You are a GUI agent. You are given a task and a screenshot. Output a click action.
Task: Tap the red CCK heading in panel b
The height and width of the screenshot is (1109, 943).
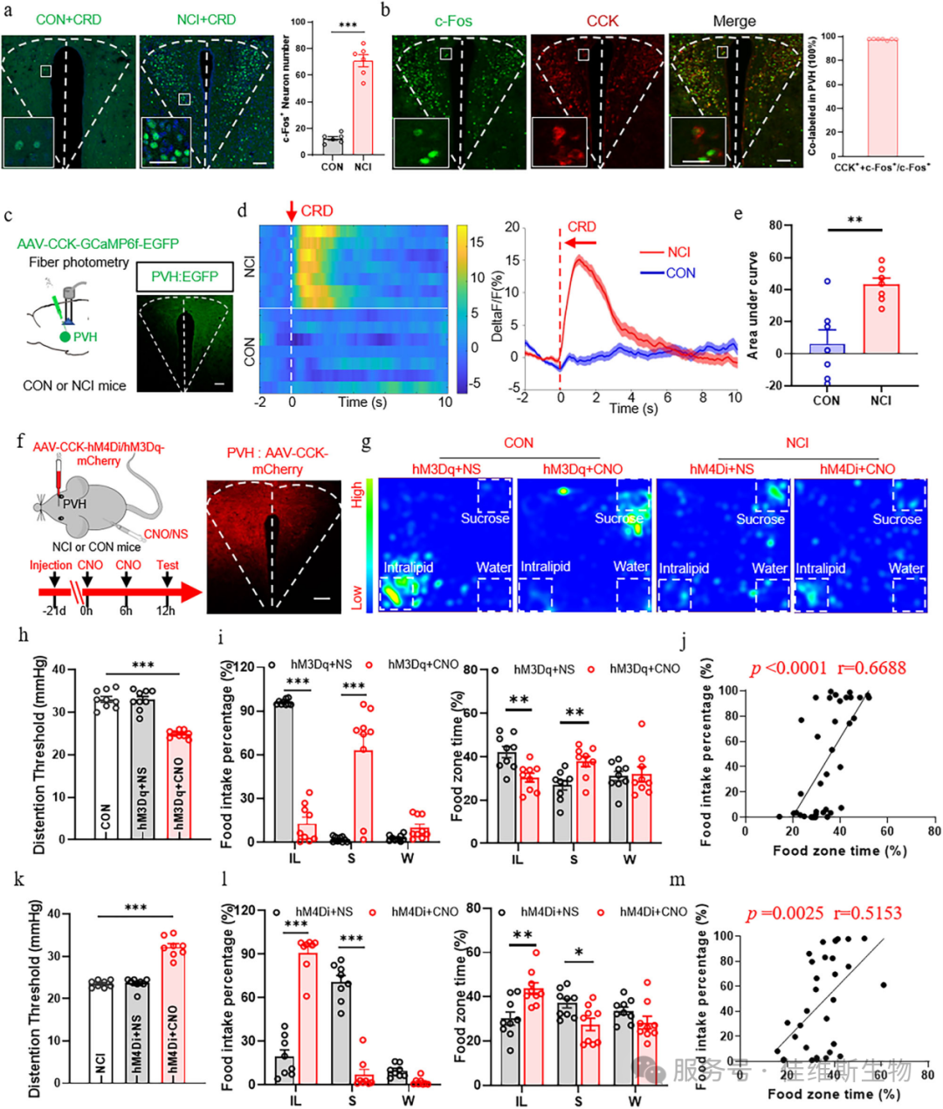[x=602, y=21]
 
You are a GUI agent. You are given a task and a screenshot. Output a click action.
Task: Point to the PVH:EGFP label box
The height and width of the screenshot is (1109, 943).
[x=184, y=277]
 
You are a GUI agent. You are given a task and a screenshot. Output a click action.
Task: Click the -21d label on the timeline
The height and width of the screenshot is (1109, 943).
[x=54, y=611]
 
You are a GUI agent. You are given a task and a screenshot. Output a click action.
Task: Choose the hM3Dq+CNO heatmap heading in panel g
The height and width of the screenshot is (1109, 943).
[x=582, y=469]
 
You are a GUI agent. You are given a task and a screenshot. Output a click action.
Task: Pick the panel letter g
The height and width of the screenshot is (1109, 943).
[x=366, y=443]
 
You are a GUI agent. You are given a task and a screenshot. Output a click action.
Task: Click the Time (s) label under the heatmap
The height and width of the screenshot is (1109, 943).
[x=364, y=403]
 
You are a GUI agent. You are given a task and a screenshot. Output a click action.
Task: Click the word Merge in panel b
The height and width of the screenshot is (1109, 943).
[x=734, y=21]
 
